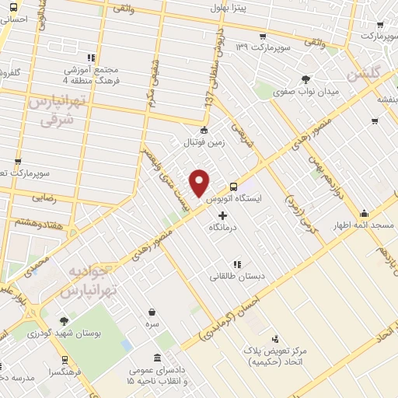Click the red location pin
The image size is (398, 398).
200,182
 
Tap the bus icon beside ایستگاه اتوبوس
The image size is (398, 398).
233,186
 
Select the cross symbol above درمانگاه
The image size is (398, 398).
223,215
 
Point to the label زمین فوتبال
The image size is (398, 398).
203,143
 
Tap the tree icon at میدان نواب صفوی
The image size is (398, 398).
307,79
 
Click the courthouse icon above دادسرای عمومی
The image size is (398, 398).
159,358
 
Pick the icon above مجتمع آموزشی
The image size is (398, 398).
91,57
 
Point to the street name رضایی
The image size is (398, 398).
44,198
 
